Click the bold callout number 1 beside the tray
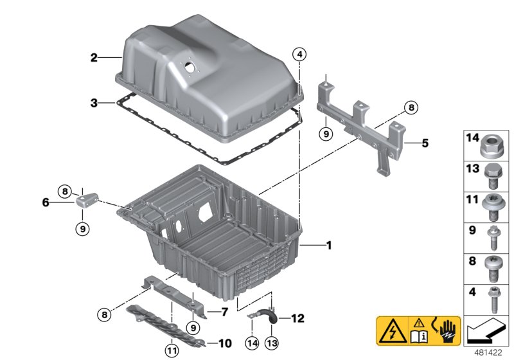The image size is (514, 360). click(x=328, y=245)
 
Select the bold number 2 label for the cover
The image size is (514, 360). click(x=94, y=58)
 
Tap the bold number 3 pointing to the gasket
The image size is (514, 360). click(x=94, y=102)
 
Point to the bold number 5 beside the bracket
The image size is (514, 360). click(x=425, y=142)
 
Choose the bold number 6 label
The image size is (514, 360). click(x=45, y=202)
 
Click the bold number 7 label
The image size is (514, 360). click(x=224, y=312)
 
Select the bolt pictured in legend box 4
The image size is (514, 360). click(x=493, y=300)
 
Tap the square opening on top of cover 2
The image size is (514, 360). click(x=190, y=66)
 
